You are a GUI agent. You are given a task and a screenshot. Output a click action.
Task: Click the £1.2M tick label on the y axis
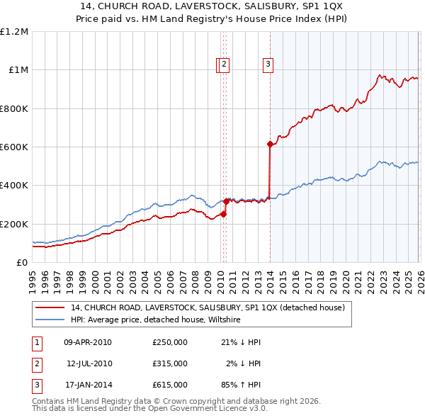click(x=14, y=32)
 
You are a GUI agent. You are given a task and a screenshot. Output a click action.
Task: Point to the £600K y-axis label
click(x=14, y=147)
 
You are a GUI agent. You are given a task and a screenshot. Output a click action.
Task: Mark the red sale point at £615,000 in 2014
click(x=270, y=145)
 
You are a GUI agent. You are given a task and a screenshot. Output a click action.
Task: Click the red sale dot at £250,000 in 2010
click(x=223, y=214)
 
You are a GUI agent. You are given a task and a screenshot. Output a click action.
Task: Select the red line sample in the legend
click(x=50, y=308)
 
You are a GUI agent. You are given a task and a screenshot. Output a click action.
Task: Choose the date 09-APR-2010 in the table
click(x=88, y=342)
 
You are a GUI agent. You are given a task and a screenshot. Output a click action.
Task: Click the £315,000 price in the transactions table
click(x=169, y=363)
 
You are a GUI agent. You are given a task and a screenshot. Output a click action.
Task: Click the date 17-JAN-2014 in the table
click(x=88, y=385)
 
